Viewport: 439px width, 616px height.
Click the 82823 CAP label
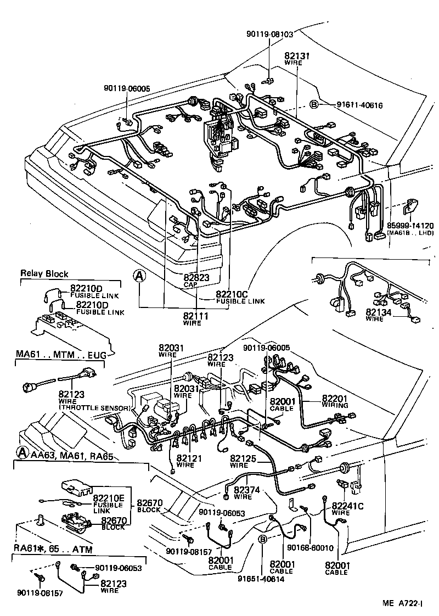pos(196,281)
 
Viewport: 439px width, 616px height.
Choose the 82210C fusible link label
pos(240,296)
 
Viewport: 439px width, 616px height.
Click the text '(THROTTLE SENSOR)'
pos(94,408)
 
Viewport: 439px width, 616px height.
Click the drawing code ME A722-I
pos(402,603)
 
